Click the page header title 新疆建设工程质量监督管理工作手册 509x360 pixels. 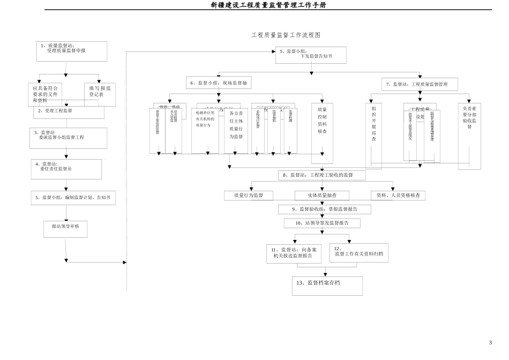point(268,5)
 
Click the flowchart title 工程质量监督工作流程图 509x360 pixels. point(286,35)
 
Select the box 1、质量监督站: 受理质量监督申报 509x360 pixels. point(71,51)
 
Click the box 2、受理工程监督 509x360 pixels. point(69,111)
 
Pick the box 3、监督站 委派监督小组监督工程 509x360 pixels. point(68,138)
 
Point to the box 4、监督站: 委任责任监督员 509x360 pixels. point(66,169)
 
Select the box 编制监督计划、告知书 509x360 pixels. point(73,198)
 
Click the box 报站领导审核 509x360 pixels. point(65,229)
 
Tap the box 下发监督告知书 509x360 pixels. point(311,55)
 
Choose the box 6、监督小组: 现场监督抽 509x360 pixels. point(219,83)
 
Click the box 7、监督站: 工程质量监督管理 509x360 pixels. point(420,84)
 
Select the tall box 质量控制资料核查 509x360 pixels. point(322,133)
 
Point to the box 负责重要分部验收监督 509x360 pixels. point(469,136)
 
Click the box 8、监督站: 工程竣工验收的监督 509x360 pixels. point(321,175)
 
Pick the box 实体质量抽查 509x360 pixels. point(321,196)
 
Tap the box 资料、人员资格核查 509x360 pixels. point(398,196)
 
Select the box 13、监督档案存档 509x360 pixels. point(327,286)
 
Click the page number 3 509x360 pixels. point(490,343)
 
